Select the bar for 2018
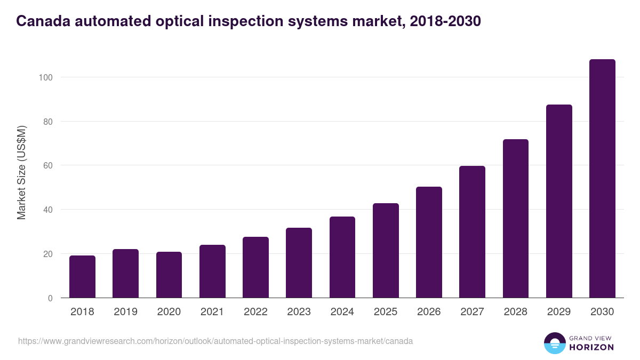(82, 277)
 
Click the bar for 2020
(169, 275)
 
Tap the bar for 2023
(299, 263)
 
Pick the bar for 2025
(386, 251)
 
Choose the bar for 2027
(472, 232)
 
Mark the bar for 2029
(559, 202)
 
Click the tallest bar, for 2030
(602, 179)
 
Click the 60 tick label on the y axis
(47, 166)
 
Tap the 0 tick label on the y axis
(50, 298)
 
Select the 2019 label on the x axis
(125, 312)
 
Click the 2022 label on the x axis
(255, 312)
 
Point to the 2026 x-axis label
(429, 312)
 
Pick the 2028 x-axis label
(516, 312)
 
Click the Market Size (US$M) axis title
(22, 173)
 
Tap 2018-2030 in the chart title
(445, 21)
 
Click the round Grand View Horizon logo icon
(554, 343)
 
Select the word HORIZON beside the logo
(591, 347)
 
